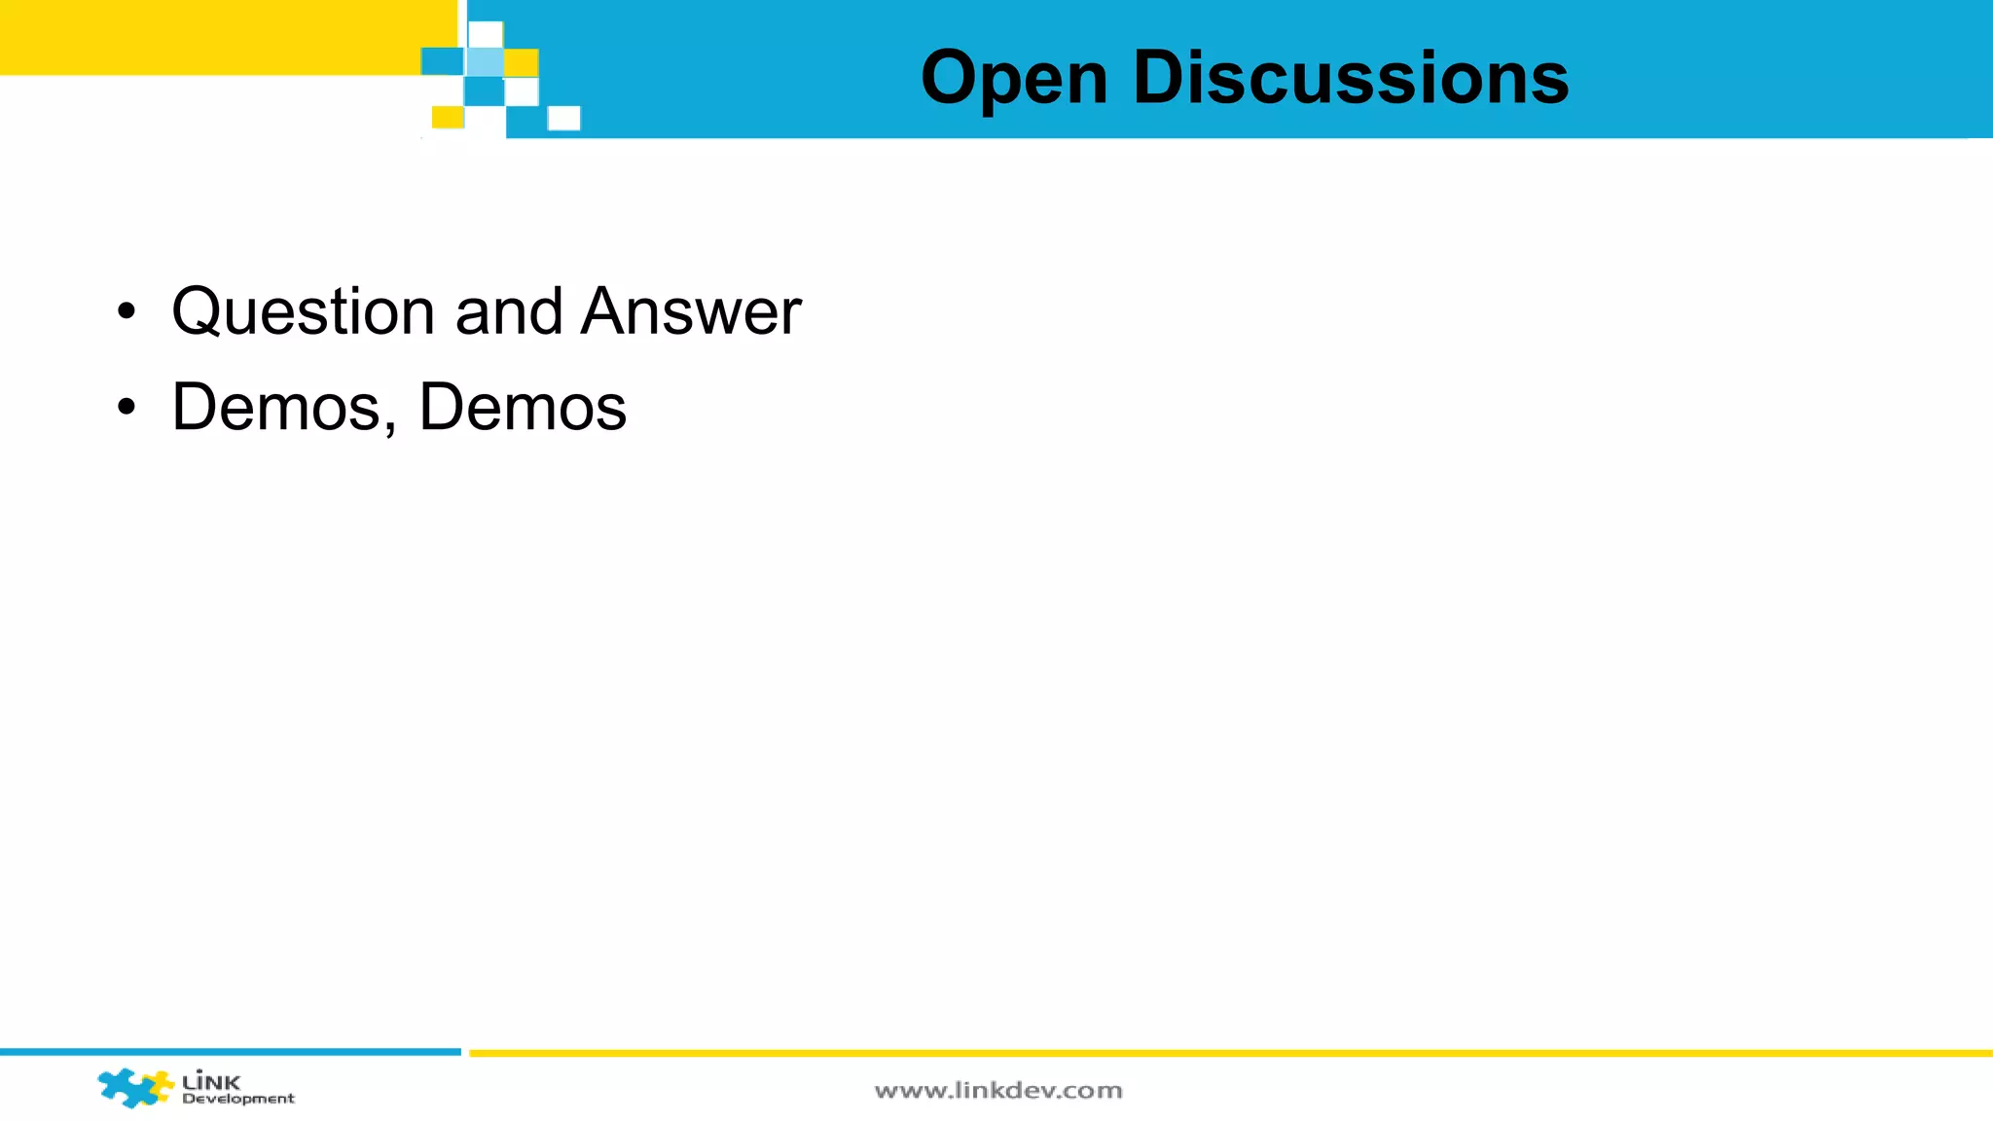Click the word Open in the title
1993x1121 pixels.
point(1014,78)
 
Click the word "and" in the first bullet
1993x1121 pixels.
point(509,312)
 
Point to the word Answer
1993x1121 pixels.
point(691,312)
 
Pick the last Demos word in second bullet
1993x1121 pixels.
point(523,407)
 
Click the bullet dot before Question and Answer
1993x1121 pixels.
point(126,313)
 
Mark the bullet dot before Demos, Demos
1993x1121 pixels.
point(126,408)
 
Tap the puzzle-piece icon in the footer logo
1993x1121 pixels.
point(134,1087)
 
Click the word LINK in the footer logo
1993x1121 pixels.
point(211,1080)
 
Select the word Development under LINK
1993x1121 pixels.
point(238,1099)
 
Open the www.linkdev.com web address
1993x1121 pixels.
point(998,1091)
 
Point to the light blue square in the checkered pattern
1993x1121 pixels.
point(485,62)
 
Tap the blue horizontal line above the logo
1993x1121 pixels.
point(230,1052)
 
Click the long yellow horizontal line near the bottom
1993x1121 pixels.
point(1230,1053)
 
